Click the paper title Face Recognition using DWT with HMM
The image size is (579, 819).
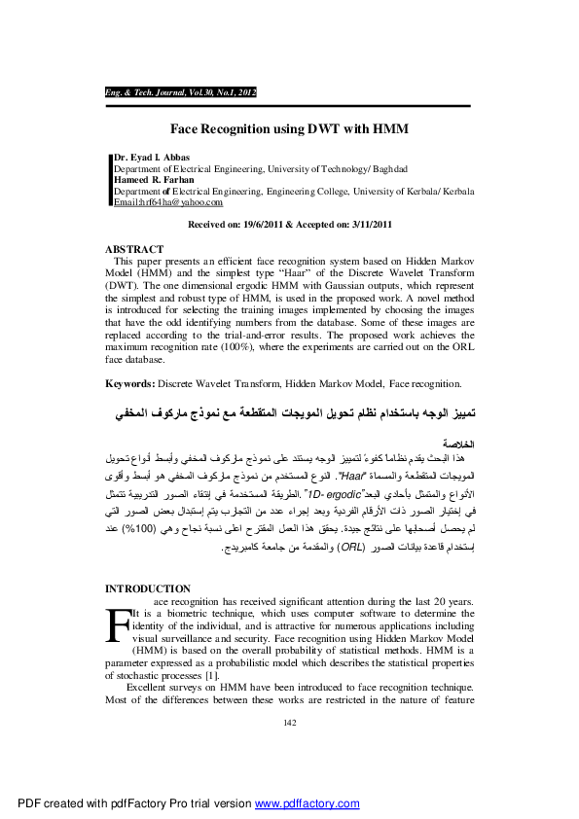click(289, 128)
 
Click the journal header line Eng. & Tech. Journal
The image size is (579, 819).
click(180, 91)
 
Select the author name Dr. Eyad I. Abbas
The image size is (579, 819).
click(153, 158)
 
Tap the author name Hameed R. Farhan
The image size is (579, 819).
click(156, 180)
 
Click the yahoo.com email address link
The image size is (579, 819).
click(168, 202)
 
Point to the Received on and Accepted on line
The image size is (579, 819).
click(289, 225)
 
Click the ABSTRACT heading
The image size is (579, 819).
click(133, 250)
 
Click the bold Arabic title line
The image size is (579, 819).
click(289, 414)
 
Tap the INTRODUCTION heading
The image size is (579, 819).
click(148, 588)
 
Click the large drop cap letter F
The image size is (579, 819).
click(116, 623)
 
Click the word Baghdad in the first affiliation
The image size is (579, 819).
click(385, 168)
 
